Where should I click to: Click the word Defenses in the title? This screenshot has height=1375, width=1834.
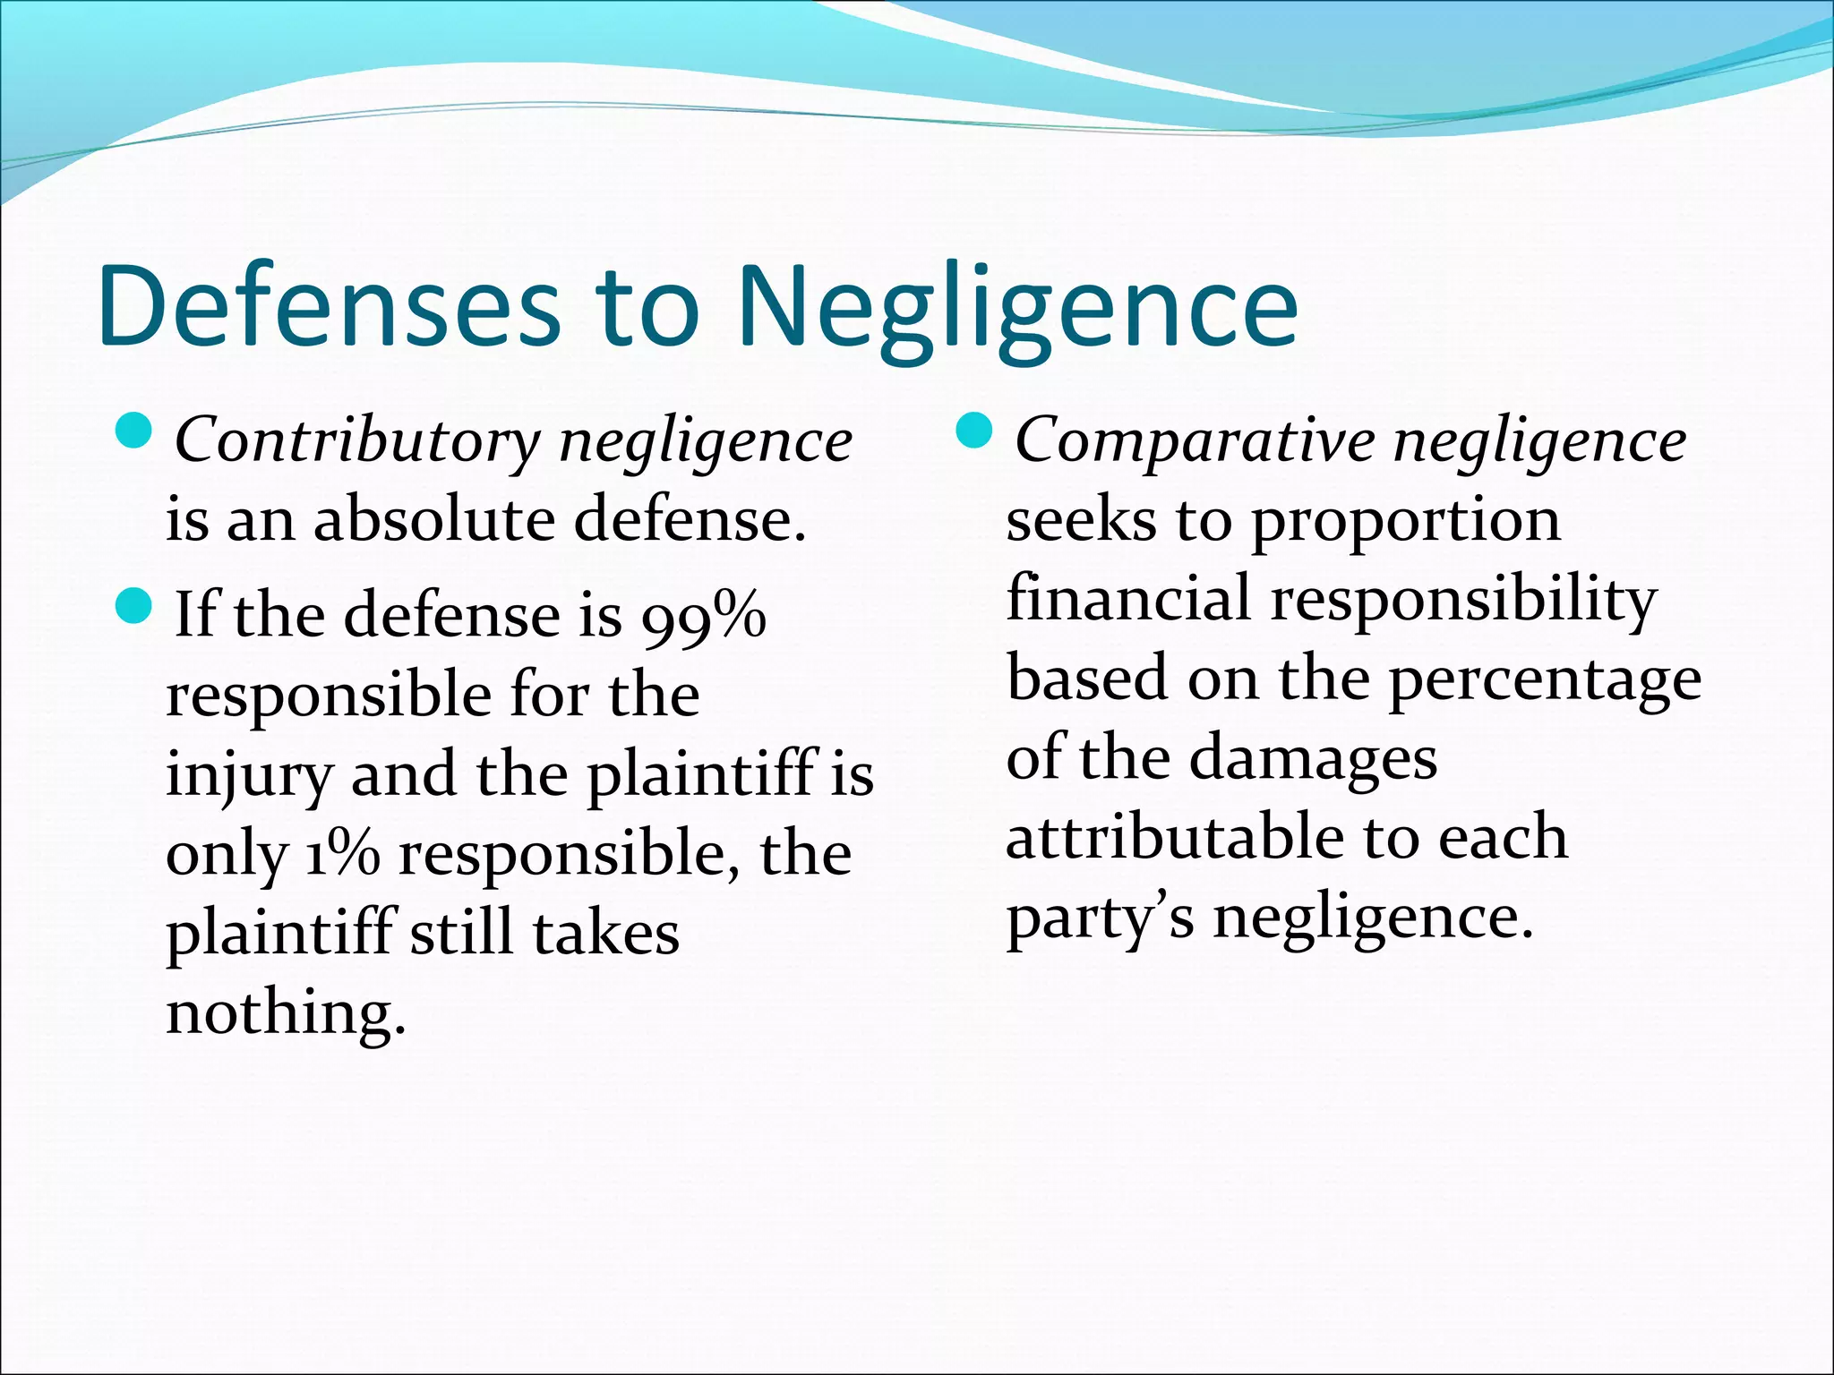(x=328, y=307)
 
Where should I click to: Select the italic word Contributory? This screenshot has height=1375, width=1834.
(x=357, y=441)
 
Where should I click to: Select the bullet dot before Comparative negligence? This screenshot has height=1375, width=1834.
(x=975, y=433)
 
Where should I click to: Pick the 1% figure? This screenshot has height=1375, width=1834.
(x=342, y=855)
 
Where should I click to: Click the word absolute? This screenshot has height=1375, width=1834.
(x=434, y=520)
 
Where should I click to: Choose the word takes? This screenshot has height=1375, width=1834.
(x=606, y=934)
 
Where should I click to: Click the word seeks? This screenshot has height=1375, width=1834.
(x=1081, y=520)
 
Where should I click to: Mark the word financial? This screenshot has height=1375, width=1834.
(x=1128, y=598)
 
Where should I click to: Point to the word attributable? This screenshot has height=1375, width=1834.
(x=1173, y=837)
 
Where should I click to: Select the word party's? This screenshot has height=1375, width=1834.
(x=1100, y=918)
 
